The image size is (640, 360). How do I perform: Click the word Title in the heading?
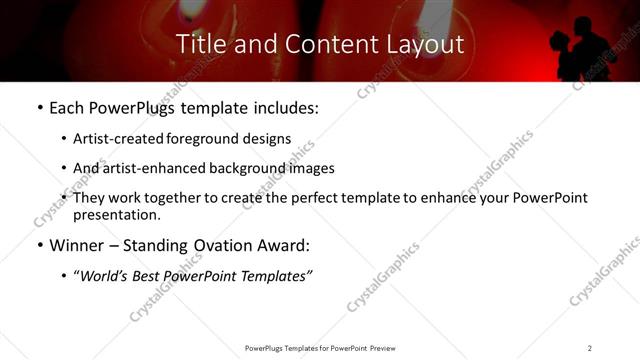click(200, 44)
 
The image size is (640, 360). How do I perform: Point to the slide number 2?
click(590, 348)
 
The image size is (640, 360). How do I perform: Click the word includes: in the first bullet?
click(283, 108)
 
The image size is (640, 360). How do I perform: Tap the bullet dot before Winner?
click(39, 246)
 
